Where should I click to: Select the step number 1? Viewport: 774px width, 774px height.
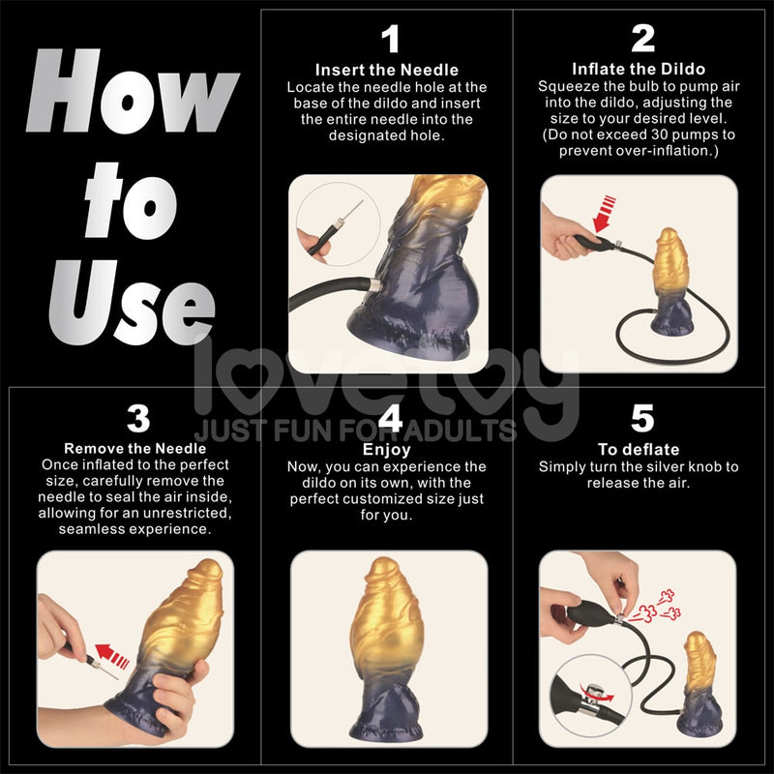coord(389,40)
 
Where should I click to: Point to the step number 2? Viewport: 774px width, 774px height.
coord(642,40)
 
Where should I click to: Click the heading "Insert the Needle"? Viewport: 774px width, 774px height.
coord(387,70)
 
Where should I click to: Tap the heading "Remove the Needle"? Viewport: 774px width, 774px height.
coord(135,449)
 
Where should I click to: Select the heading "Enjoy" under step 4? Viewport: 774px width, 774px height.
coord(387,450)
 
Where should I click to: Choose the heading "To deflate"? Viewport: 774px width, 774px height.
coord(639,450)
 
